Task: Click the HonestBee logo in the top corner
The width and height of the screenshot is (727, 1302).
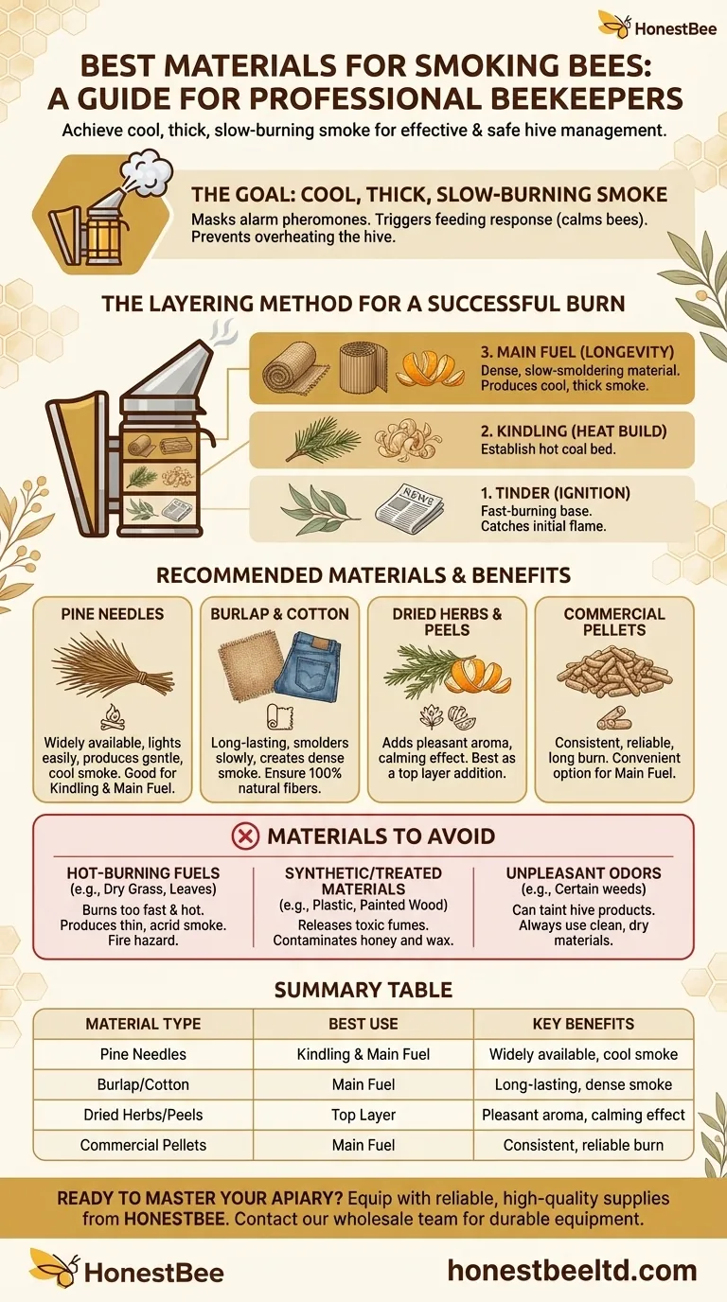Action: click(654, 25)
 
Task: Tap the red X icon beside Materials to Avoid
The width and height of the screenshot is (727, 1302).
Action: click(244, 836)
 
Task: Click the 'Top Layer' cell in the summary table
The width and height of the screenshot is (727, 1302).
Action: click(363, 1115)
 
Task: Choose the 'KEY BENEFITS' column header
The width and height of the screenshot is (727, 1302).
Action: click(583, 1024)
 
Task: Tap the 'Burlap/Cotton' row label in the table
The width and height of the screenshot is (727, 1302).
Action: click(143, 1084)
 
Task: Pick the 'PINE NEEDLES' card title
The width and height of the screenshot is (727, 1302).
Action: click(113, 614)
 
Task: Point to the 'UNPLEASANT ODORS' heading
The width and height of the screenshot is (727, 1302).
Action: click(583, 872)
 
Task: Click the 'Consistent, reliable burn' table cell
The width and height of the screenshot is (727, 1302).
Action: click(583, 1145)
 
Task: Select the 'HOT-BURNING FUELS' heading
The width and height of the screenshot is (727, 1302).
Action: click(143, 872)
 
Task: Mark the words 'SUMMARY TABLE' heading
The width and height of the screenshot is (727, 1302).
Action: click(363, 991)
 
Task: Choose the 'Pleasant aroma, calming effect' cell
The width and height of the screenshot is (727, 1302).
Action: click(583, 1115)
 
